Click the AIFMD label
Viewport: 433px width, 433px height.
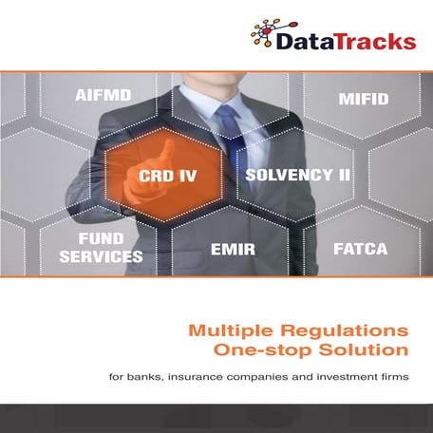tap(104, 95)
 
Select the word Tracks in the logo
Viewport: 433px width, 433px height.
tap(375, 41)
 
